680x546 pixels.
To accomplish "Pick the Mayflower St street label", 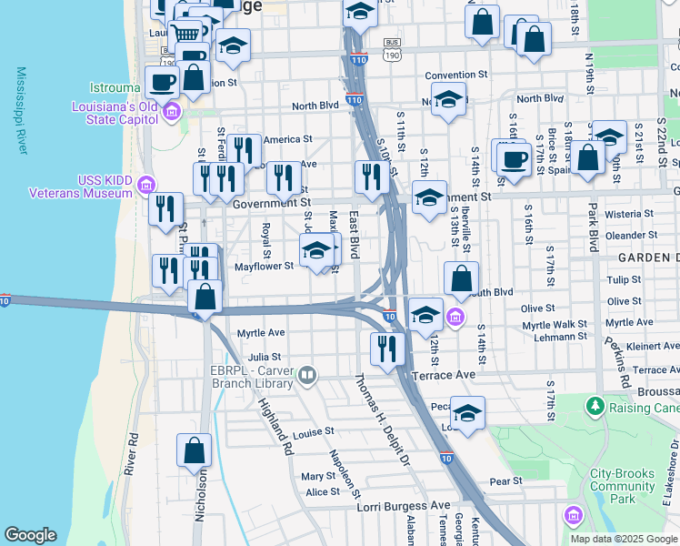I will point(264,267).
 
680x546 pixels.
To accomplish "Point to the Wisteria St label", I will point(622,214).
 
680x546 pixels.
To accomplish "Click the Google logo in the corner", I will point(30,535).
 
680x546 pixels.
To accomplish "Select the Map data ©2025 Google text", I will point(623,539).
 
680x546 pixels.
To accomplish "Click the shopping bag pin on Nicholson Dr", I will point(194,450).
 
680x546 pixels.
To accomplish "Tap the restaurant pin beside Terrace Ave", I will point(388,348).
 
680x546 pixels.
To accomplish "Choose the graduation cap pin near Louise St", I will point(467,413).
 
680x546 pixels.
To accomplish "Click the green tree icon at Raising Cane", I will point(595,404).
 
